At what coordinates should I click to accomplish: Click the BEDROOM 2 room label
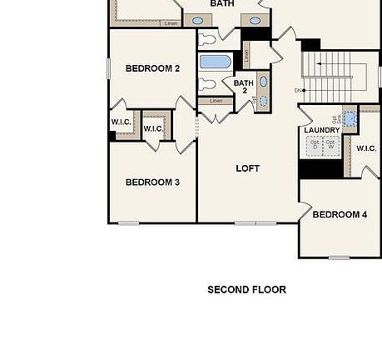point(152,68)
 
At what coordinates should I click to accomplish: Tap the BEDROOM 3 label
point(152,182)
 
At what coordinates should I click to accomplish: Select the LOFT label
point(247,168)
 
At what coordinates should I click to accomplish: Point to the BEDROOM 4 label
point(340,214)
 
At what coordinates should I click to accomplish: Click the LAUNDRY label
point(321,130)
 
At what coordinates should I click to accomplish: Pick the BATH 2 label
point(244,87)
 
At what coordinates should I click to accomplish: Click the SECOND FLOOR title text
point(246,290)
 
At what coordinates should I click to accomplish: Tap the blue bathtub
point(216,62)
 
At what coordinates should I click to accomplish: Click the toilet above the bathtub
point(207,38)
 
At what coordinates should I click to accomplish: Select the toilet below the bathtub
point(207,84)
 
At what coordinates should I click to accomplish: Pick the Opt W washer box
point(332,145)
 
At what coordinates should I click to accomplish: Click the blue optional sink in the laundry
point(350,118)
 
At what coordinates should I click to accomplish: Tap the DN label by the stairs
point(298,90)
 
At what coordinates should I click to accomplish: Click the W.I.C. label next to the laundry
point(367,148)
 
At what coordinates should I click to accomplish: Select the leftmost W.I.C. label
point(121,122)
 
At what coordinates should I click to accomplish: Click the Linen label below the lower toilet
point(216,101)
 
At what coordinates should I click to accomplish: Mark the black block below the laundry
point(321,168)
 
